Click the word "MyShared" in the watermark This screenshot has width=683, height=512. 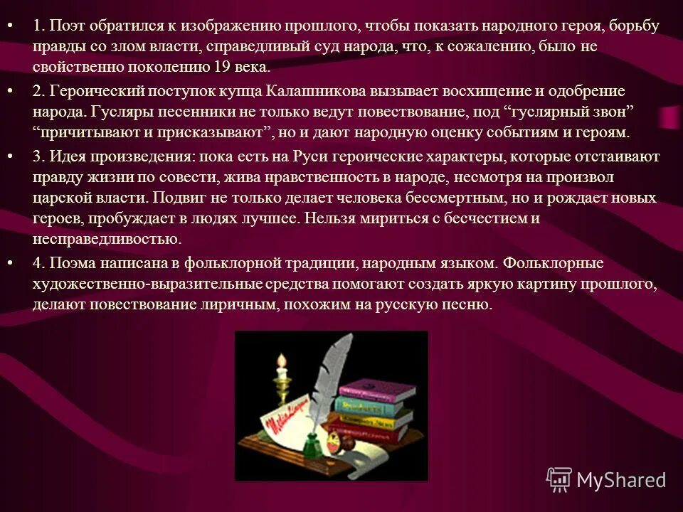click(x=621, y=480)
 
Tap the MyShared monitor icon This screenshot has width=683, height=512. click(x=558, y=479)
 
